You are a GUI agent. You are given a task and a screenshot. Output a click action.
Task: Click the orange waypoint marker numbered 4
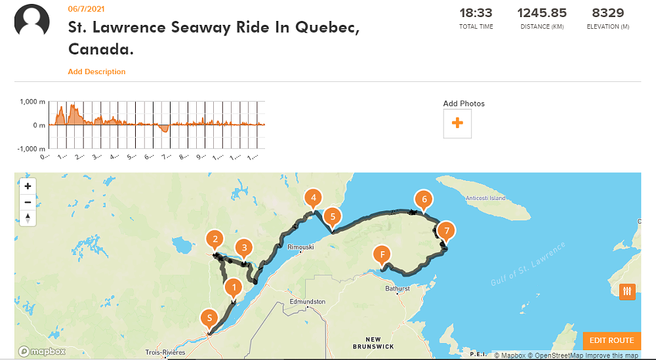tap(314, 197)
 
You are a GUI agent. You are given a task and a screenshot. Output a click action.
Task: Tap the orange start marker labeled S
tap(209, 319)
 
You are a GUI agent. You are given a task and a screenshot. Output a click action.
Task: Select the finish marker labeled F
tap(382, 254)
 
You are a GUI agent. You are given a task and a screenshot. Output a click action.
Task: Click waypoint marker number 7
tap(446, 231)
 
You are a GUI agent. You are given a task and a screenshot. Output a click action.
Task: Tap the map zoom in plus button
tap(28, 186)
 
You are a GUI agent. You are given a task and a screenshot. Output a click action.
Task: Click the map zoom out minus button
tap(28, 202)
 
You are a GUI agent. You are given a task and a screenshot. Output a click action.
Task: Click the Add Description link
tap(96, 71)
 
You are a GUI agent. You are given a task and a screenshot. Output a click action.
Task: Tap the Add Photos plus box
tap(457, 123)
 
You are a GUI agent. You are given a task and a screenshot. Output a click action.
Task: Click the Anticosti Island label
tap(485, 198)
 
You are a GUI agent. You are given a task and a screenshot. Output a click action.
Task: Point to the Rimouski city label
tap(301, 247)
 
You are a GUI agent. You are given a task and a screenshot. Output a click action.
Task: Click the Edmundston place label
tap(307, 302)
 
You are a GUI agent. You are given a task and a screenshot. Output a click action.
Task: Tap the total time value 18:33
tap(476, 12)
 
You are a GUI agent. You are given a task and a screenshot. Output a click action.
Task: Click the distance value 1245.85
tap(542, 12)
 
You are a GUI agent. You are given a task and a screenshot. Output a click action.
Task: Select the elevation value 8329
tap(607, 12)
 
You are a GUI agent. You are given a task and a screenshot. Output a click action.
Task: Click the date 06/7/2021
tap(86, 9)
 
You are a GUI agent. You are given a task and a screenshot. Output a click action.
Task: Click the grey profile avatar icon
tap(32, 20)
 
